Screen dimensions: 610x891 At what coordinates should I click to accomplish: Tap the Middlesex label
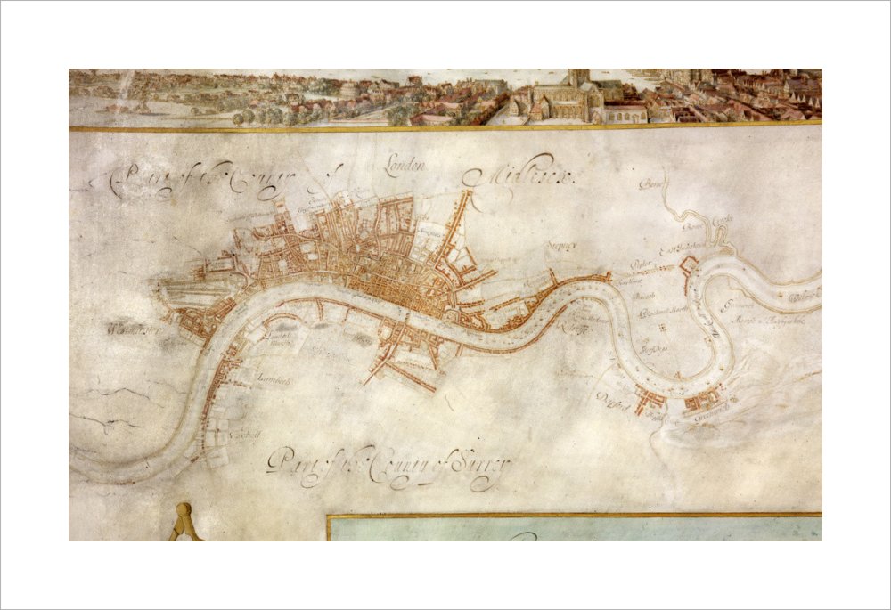pyautogui.click(x=527, y=177)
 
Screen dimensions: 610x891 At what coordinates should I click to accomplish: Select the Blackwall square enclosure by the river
pyautogui.click(x=688, y=265)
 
